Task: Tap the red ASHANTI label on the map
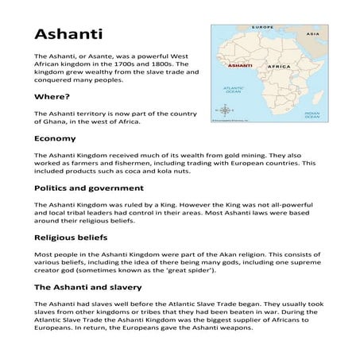tap(240, 65)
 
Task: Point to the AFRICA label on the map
tap(277, 65)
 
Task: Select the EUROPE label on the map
tap(262, 28)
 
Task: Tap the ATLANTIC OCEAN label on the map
tap(234, 90)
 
